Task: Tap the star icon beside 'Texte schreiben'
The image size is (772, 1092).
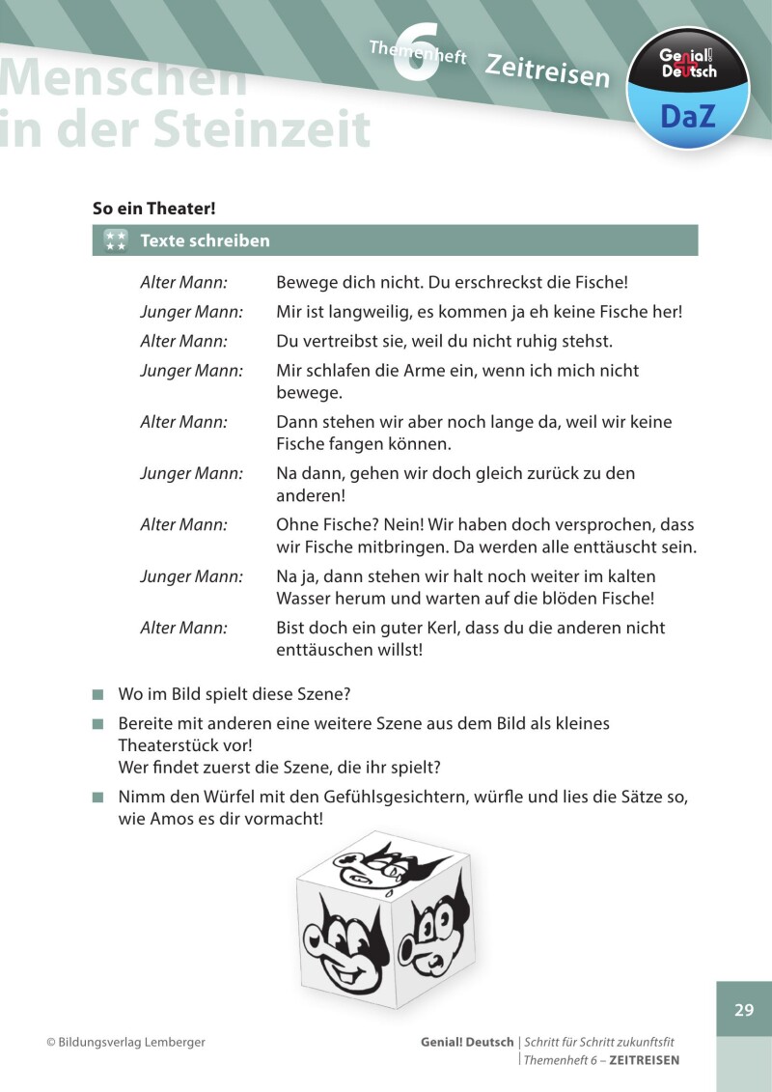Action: point(116,240)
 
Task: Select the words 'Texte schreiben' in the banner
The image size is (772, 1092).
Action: point(205,240)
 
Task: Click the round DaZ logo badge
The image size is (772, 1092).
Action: point(688,88)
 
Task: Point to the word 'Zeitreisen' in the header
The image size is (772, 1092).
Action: point(547,70)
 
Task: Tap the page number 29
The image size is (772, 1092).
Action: point(743,1010)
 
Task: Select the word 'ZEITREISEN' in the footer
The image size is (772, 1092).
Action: point(645,1059)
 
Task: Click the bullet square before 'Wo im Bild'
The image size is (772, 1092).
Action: point(97,695)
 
